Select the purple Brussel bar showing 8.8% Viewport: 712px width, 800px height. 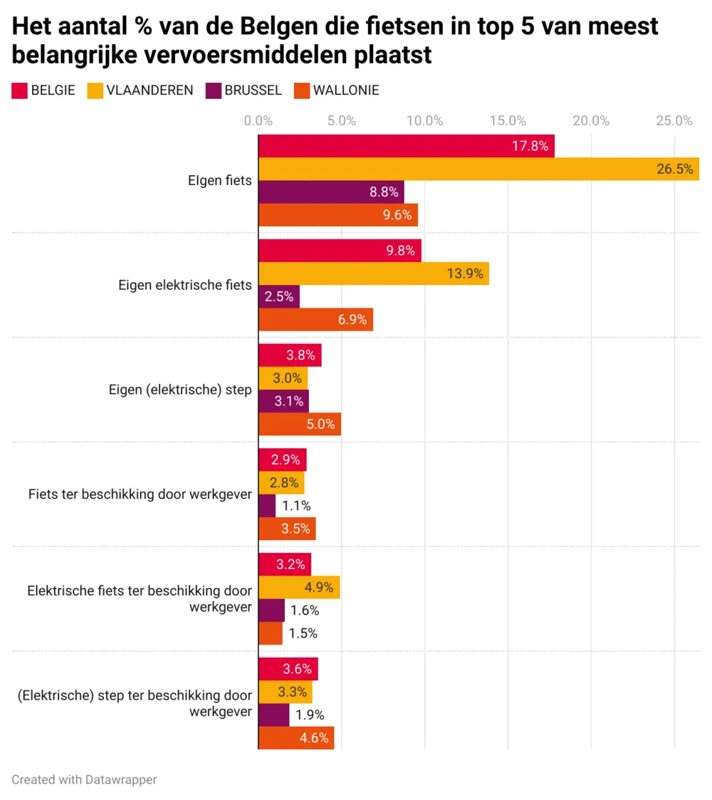(x=331, y=192)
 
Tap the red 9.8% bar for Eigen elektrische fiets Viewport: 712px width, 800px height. (x=340, y=250)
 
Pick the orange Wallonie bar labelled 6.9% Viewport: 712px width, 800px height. (x=315, y=320)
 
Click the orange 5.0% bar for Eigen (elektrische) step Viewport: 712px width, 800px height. (x=300, y=424)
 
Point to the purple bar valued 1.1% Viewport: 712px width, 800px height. (x=267, y=506)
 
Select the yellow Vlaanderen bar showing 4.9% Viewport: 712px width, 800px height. (x=299, y=587)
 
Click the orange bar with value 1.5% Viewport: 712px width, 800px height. (x=271, y=633)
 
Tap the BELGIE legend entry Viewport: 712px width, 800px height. (x=43, y=90)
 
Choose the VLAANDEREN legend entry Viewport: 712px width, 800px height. (x=140, y=90)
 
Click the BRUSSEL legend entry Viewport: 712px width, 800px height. (x=244, y=90)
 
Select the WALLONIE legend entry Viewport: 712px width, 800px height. (x=336, y=90)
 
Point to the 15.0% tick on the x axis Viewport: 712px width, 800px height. (x=508, y=121)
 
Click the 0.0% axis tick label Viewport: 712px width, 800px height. (x=258, y=121)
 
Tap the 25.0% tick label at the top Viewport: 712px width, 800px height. (x=674, y=121)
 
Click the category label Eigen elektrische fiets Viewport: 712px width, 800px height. (x=184, y=285)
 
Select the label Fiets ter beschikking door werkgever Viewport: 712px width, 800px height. (x=140, y=494)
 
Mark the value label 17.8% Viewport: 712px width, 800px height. (x=530, y=146)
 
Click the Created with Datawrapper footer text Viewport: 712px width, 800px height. (x=84, y=779)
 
